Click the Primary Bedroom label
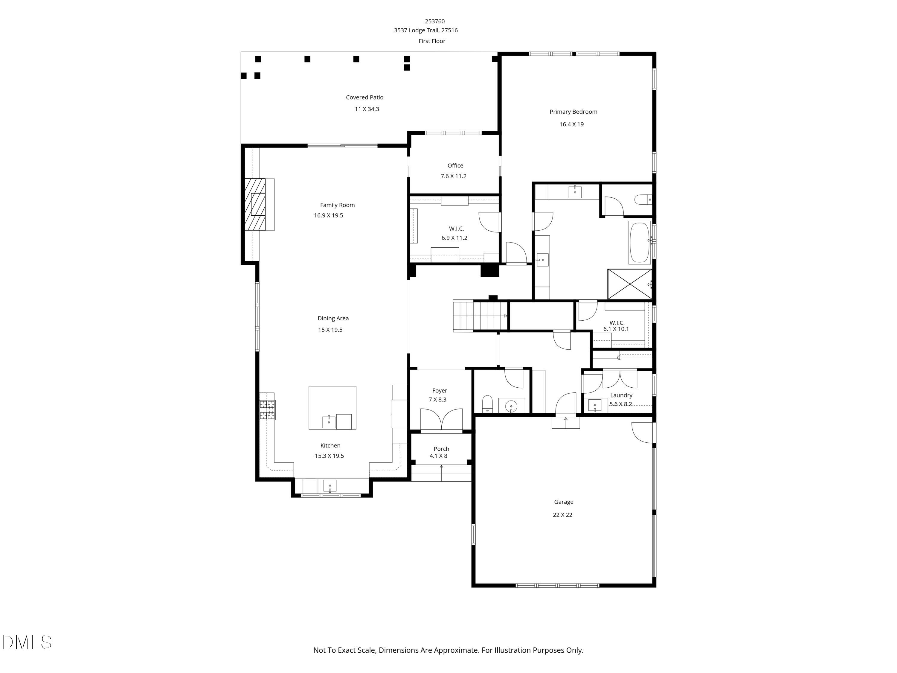click(573, 112)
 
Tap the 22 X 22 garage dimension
click(562, 515)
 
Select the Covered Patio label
click(364, 97)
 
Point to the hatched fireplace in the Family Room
click(255, 205)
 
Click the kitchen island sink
click(329, 421)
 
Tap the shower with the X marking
click(629, 284)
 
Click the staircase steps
click(480, 316)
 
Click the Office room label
click(455, 165)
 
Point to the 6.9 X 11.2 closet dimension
click(454, 238)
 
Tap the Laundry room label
click(621, 395)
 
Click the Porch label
click(441, 449)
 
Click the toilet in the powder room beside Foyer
click(487, 403)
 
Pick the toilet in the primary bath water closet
click(642, 200)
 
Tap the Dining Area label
click(333, 319)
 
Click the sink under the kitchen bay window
click(330, 485)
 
